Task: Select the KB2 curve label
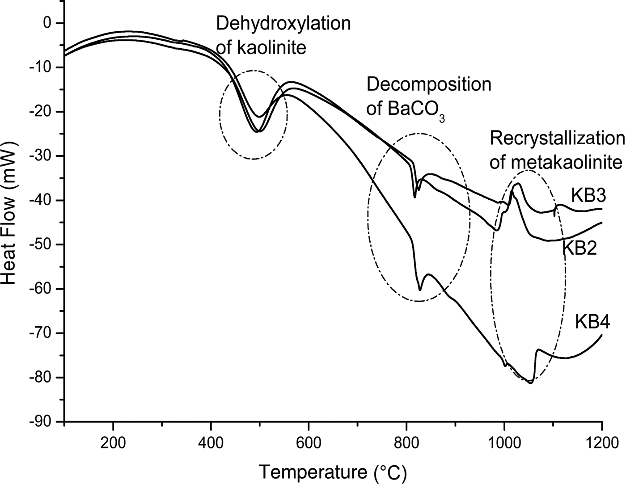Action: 579,248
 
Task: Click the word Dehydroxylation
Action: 283,24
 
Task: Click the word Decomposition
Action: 428,84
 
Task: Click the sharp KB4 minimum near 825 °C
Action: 420,290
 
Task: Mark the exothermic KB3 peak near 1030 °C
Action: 518,184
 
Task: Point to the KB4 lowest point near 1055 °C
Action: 531,383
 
